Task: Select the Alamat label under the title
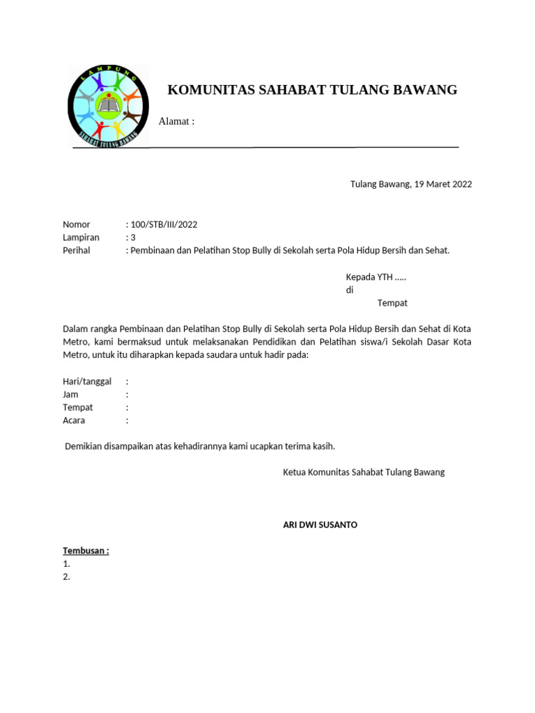pyautogui.click(x=176, y=122)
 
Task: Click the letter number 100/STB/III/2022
pyautogui.click(x=164, y=224)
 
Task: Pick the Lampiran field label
pyautogui.click(x=81, y=237)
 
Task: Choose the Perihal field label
pyautogui.click(x=77, y=250)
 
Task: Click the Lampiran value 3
pyautogui.click(x=133, y=237)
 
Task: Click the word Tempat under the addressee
pyautogui.click(x=392, y=303)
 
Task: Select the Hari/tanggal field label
pyautogui.click(x=87, y=381)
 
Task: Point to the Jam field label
pyautogui.click(x=70, y=394)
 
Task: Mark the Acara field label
pyautogui.click(x=74, y=421)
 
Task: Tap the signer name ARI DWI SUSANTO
pyautogui.click(x=320, y=524)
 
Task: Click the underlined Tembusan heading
pyautogui.click(x=86, y=551)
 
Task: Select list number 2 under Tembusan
pyautogui.click(x=66, y=577)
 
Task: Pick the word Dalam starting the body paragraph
pyautogui.click(x=77, y=329)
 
